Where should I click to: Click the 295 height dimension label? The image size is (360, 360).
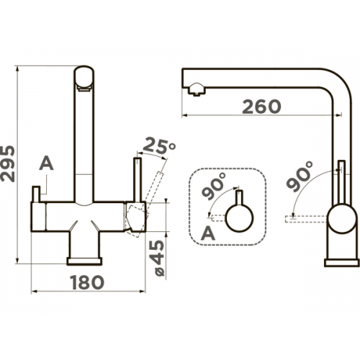(8, 163)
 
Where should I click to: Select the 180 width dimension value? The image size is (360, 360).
(88, 282)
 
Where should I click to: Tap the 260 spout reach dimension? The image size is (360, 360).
(261, 107)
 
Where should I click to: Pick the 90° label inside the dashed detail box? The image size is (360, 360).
(214, 186)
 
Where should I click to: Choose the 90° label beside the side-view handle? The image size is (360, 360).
(300, 176)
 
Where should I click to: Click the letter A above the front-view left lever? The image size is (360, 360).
(46, 163)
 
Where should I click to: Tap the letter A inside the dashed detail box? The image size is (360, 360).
(208, 233)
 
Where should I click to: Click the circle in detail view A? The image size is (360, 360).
(240, 218)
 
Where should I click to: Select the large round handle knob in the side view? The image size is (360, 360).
(342, 218)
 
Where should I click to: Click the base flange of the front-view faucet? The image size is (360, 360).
(84, 261)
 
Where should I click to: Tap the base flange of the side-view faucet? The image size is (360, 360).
(342, 263)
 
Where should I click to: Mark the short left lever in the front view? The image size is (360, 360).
(36, 194)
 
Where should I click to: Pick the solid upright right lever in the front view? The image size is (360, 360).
(138, 179)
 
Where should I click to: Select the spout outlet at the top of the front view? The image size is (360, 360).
(84, 78)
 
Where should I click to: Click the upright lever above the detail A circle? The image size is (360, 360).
(240, 198)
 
